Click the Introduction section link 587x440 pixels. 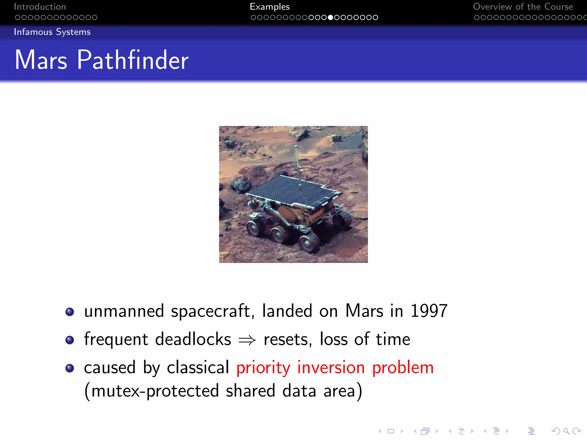point(40,7)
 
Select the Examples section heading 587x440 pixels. point(269,7)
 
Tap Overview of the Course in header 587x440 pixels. point(523,7)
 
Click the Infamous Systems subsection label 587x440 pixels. point(52,32)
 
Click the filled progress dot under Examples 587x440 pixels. point(330,17)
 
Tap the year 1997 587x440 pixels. point(429,311)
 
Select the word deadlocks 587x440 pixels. point(193,339)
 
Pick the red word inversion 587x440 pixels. point(331,368)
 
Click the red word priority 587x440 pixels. point(263,368)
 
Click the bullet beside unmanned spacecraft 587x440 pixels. point(70,312)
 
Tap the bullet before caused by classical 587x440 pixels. point(70,368)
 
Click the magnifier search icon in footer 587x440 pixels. point(566,431)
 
